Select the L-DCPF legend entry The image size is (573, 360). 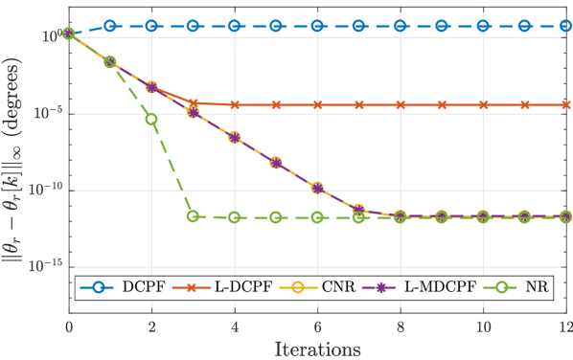[233, 287]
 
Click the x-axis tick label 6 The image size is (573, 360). [317, 327]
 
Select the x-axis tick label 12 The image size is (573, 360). [565, 327]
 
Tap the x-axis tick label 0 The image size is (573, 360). [69, 327]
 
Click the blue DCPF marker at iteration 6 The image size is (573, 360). [317, 26]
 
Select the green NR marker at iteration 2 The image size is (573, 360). [151, 119]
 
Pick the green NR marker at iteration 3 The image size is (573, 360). [193, 216]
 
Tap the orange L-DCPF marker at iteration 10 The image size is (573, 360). [483, 104]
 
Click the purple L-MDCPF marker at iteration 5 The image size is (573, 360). [276, 163]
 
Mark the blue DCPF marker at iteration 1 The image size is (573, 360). [110, 26]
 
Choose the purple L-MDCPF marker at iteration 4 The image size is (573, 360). [235, 138]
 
